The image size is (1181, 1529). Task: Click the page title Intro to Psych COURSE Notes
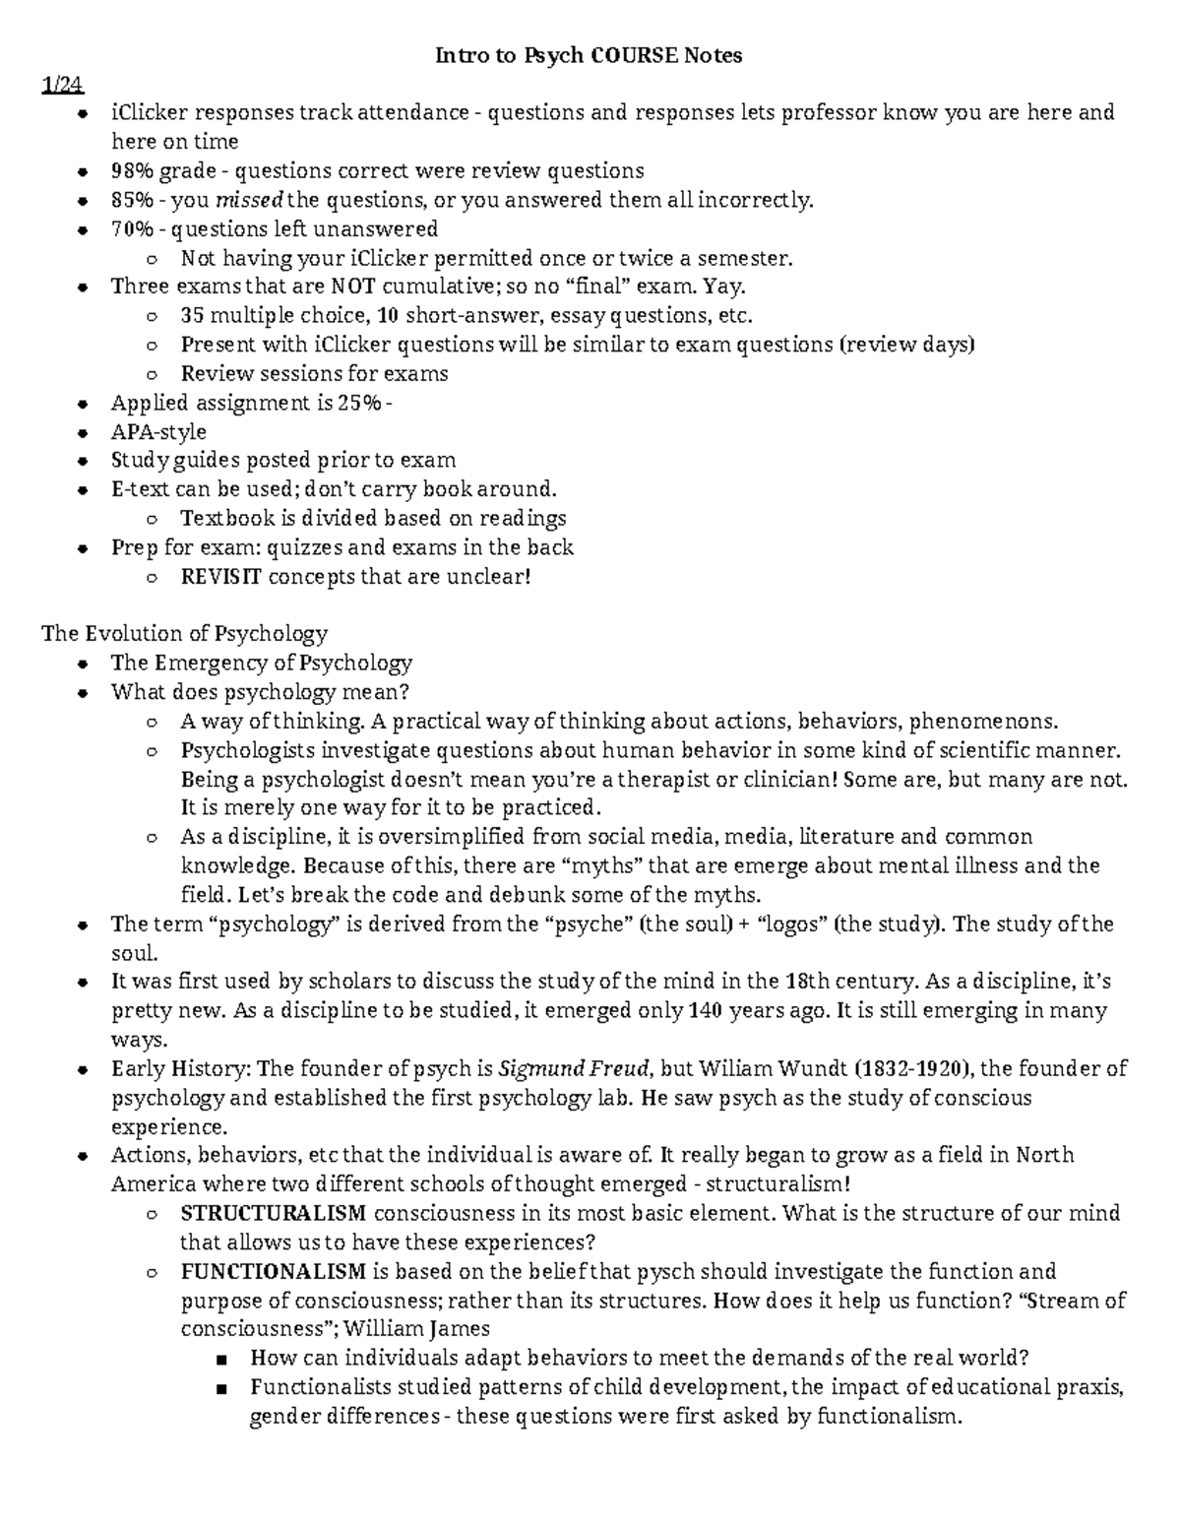coord(589,56)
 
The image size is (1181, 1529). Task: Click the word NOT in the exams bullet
coord(351,287)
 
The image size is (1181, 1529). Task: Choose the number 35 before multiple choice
coord(192,316)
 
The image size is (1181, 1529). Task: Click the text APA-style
coord(158,432)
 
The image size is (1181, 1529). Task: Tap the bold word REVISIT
coord(221,577)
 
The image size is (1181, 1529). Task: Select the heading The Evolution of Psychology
coord(184,633)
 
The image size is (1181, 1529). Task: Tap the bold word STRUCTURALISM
coord(274,1213)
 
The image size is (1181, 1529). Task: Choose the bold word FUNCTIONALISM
coord(274,1271)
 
